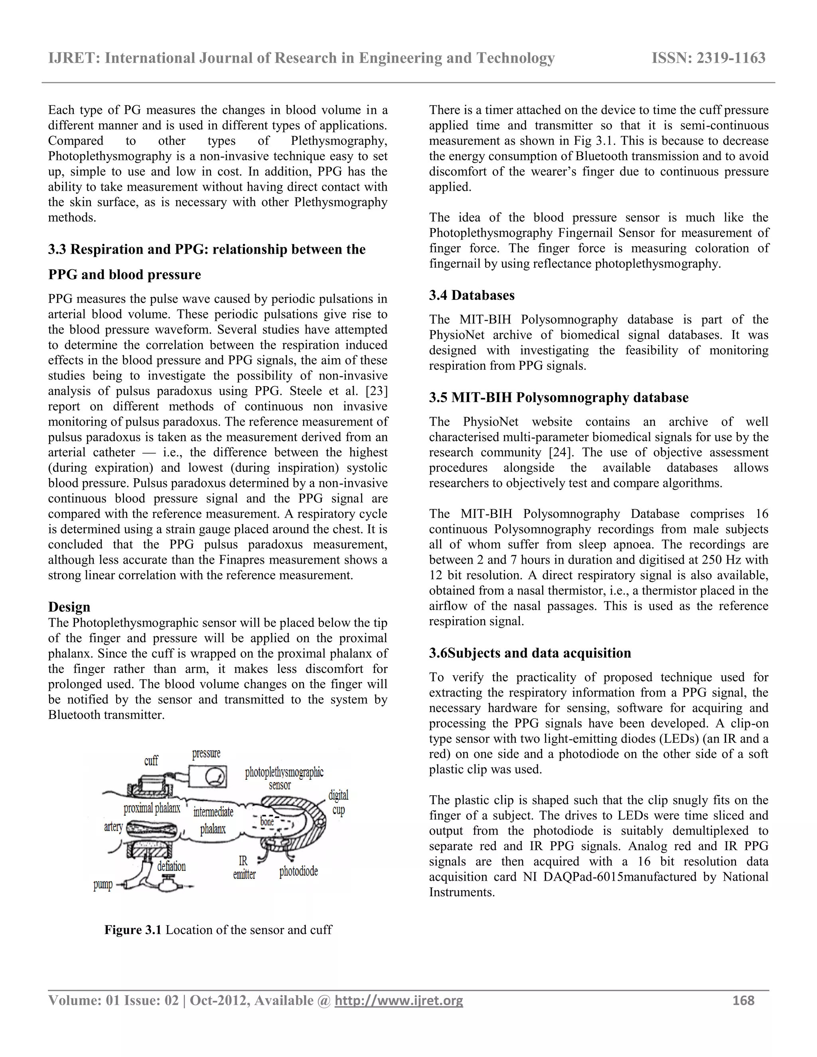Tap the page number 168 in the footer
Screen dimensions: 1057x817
click(x=744, y=1000)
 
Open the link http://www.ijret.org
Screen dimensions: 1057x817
click(x=399, y=1000)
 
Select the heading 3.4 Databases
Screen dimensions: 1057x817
click(x=472, y=295)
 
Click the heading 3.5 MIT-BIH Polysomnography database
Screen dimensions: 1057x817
click(x=558, y=397)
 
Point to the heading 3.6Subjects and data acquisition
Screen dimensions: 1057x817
click(x=530, y=653)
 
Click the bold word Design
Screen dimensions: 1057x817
click(x=69, y=607)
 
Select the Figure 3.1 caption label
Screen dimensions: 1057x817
click(x=132, y=930)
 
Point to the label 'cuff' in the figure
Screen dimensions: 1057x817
click(x=151, y=761)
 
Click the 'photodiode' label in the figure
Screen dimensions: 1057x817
click(x=299, y=872)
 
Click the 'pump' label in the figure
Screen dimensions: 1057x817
click(x=103, y=885)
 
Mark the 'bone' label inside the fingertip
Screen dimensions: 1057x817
click(x=267, y=822)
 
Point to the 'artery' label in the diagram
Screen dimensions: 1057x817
click(x=113, y=826)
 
